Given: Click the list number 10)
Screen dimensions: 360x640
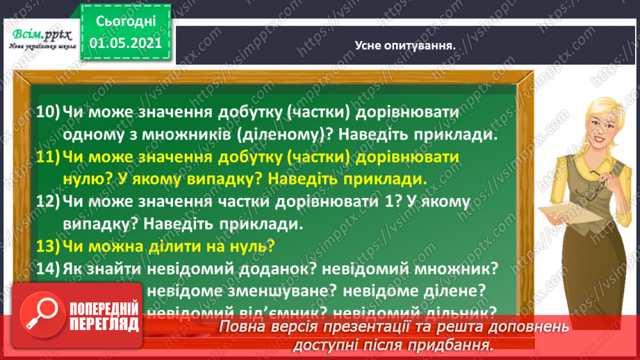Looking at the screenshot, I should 47,112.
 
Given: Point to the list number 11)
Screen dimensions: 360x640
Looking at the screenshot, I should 47,157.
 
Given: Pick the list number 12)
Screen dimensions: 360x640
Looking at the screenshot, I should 47,202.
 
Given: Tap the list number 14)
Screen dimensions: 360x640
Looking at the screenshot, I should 47,268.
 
